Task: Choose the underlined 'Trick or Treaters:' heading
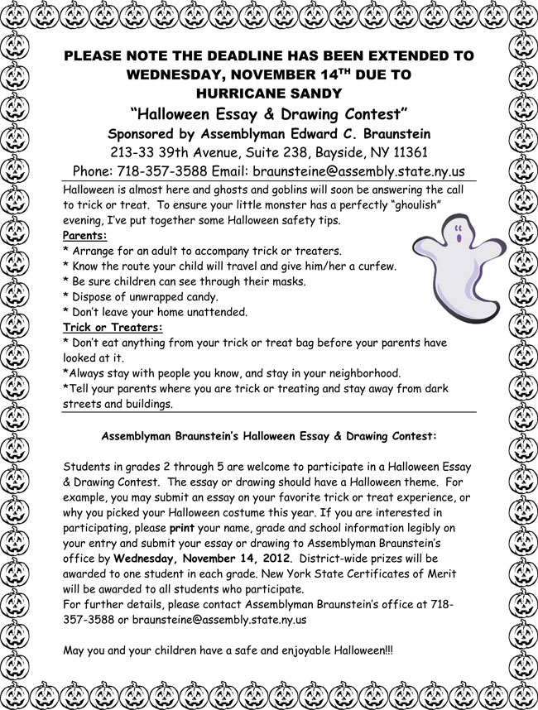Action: click(113, 329)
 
